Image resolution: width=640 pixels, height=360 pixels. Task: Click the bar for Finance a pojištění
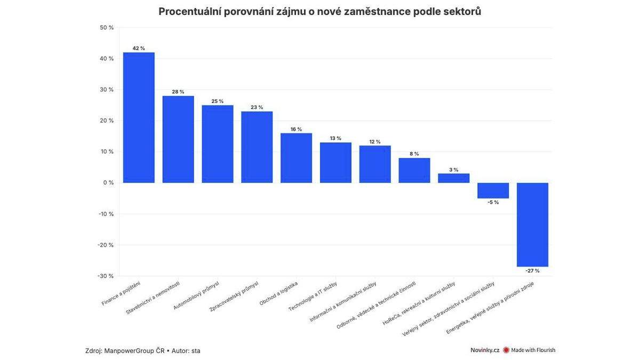tap(139, 117)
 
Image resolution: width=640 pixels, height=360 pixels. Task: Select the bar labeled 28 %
tap(178, 139)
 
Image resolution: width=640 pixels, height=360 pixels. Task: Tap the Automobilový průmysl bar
tap(218, 144)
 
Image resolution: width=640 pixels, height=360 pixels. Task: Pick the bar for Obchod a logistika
tap(297, 158)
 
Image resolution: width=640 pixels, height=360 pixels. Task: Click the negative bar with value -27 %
tap(533, 225)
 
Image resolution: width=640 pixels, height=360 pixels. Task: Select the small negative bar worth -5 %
tap(493, 190)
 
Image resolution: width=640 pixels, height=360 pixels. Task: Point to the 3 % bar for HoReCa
tap(454, 178)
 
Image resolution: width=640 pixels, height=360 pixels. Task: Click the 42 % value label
tap(139, 48)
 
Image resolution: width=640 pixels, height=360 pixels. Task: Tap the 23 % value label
tap(257, 107)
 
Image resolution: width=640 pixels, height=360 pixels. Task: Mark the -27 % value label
tap(533, 271)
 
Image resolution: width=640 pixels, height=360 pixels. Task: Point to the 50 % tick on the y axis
tap(107, 28)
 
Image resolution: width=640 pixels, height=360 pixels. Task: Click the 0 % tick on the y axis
tap(108, 183)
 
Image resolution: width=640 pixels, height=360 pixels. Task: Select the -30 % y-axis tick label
tap(106, 276)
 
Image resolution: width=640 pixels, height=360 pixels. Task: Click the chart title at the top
tap(320, 12)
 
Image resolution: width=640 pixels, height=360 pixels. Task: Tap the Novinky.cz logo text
tap(484, 350)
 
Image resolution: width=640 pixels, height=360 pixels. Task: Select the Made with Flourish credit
tap(532, 350)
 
